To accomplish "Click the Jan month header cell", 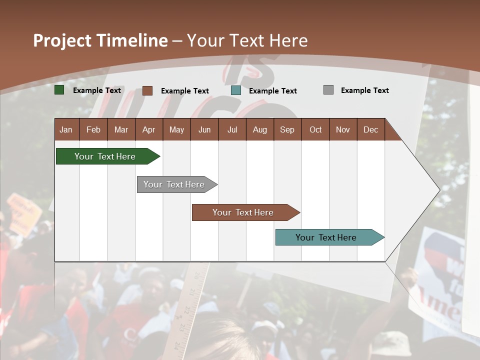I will pyautogui.click(x=66, y=129).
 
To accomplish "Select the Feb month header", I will pyautogui.click(x=93, y=129).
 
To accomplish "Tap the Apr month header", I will pyautogui.click(x=148, y=129).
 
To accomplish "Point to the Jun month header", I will pyautogui.click(x=204, y=129).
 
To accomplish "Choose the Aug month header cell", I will pyautogui.click(x=259, y=129).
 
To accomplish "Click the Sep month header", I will pyautogui.click(x=287, y=129).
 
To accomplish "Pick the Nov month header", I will pyautogui.click(x=343, y=129).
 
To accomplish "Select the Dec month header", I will pyautogui.click(x=370, y=129).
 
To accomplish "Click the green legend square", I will pyautogui.click(x=59, y=90).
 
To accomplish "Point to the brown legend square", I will pyautogui.click(x=147, y=90).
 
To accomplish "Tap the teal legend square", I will pyautogui.click(x=236, y=90).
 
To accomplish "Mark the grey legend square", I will pyautogui.click(x=328, y=90).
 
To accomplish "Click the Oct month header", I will pyautogui.click(x=315, y=129).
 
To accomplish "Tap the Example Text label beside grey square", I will pyautogui.click(x=364, y=90).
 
